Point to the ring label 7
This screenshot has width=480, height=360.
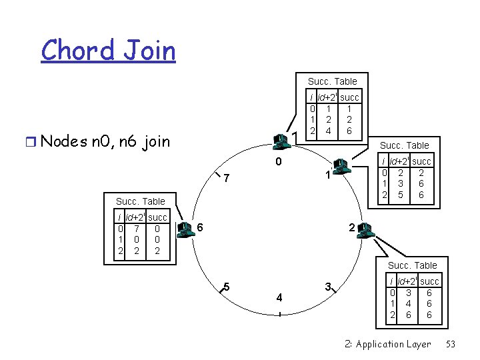click(227, 179)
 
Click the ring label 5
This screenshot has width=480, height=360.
click(227, 287)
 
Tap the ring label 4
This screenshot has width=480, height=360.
click(279, 298)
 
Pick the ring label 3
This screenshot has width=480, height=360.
click(328, 287)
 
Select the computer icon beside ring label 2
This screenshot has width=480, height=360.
click(365, 231)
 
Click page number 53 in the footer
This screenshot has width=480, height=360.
click(450, 344)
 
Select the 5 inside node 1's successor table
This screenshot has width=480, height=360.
click(400, 195)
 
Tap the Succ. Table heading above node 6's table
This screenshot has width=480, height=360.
click(140, 201)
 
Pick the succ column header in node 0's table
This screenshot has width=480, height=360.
click(349, 97)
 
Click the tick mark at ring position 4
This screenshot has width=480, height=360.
click(279, 315)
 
